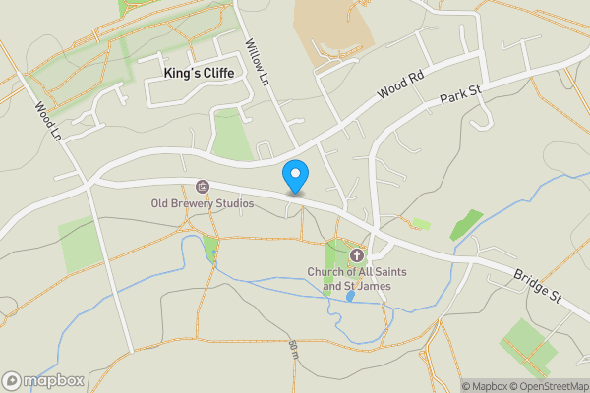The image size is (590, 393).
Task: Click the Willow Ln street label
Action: pyautogui.click(x=258, y=61)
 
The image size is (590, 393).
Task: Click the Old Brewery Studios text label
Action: pyautogui.click(x=202, y=204)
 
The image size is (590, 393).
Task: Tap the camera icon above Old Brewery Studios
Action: pyautogui.click(x=203, y=187)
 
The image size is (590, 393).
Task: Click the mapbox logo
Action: pyautogui.click(x=44, y=380)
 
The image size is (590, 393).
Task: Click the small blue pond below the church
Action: pyautogui.click(x=350, y=295)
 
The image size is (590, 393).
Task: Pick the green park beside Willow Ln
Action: pyautogui.click(x=233, y=143)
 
